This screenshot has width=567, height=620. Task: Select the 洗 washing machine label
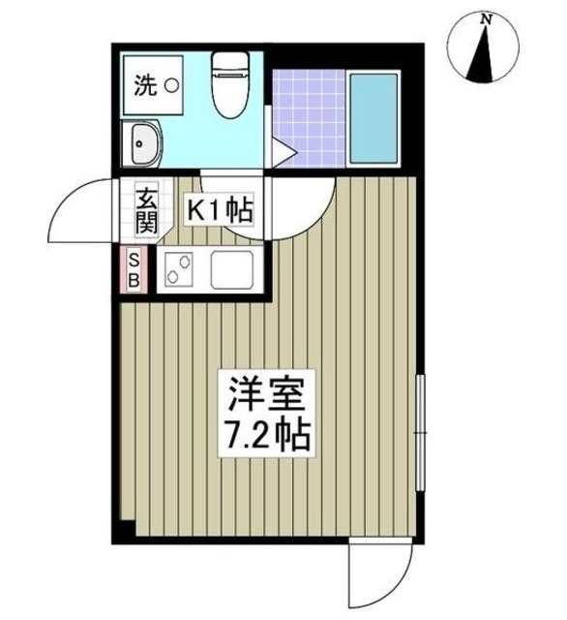(x=144, y=86)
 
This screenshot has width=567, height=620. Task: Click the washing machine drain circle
(x=170, y=86)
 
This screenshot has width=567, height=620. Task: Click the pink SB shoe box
(x=135, y=269)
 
